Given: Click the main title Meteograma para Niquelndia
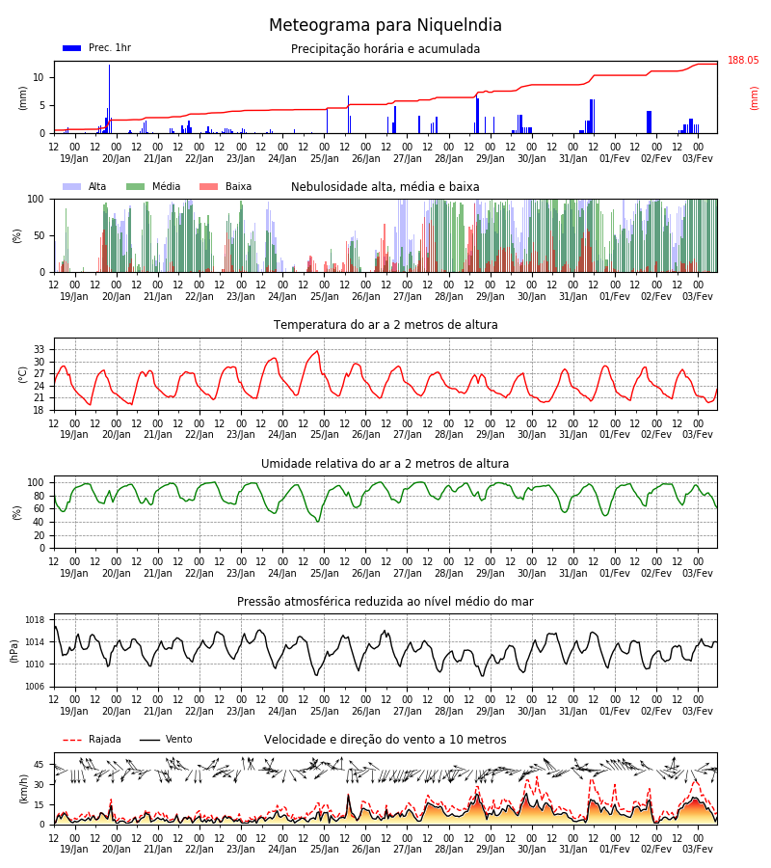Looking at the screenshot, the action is coord(385,25).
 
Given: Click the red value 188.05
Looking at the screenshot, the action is coord(743,61).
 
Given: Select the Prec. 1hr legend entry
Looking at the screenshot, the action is coord(96,47).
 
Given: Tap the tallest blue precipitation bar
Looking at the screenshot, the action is coord(109,98).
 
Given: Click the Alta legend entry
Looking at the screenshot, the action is coord(85,186).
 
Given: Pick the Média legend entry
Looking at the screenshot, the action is coord(153,186).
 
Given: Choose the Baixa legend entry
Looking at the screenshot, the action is coord(226,186).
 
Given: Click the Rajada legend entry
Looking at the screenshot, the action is coord(92,740).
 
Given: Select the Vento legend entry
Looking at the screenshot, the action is coord(166,740).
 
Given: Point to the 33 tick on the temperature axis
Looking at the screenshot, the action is coord(39,349).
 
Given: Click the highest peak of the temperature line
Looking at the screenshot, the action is coord(317,350).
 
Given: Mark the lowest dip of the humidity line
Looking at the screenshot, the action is coord(318,521).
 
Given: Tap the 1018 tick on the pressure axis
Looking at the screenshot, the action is coord(35,620).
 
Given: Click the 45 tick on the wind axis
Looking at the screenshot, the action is coord(39,765).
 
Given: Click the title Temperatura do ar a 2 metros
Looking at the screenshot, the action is coord(385,325).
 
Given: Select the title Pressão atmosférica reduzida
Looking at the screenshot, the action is coord(385,602).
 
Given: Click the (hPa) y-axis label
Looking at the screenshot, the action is coord(14,651).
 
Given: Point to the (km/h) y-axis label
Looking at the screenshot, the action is coord(23,789).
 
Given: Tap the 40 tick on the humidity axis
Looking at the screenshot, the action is coord(39,522).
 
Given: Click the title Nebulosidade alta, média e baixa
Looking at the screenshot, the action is coord(385,187).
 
